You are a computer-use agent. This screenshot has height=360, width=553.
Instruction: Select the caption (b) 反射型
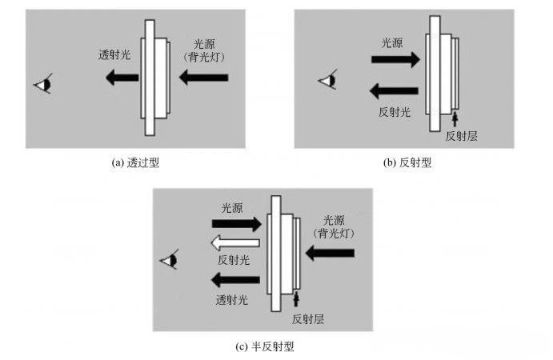point(407,162)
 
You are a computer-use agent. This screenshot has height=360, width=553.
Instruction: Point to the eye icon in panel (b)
point(327,79)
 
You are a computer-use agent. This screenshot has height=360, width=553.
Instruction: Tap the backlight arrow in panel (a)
point(203,78)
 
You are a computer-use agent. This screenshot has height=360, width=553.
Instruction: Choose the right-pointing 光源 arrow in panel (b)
point(395,58)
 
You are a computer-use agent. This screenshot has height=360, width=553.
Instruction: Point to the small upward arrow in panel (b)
point(455,120)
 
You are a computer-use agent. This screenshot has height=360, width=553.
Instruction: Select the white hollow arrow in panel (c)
point(234,243)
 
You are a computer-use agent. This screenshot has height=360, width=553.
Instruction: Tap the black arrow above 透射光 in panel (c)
point(234,279)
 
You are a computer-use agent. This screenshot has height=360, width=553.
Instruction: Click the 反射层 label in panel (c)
point(309,318)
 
